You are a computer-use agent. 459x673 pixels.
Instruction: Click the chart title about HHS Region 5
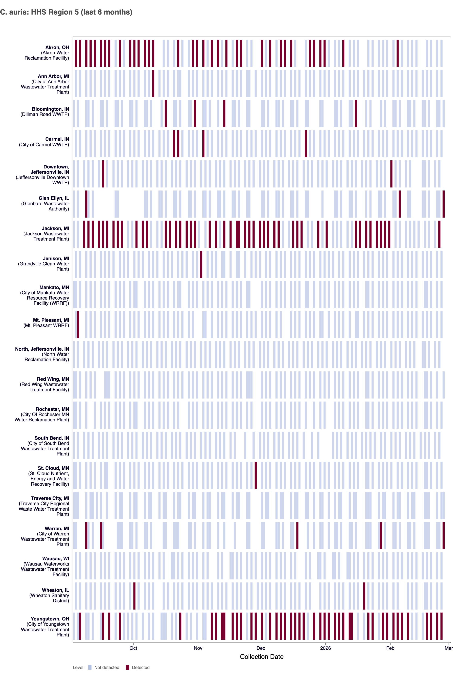pyautogui.click(x=66, y=12)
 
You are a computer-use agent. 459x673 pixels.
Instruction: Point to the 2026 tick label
pyautogui.click(x=325, y=648)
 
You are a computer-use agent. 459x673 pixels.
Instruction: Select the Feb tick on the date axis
pyautogui.click(x=390, y=648)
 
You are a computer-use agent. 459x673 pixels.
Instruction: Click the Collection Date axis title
pyautogui.click(x=261, y=657)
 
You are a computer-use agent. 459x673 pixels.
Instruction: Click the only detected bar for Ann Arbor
pyautogui.click(x=153, y=83)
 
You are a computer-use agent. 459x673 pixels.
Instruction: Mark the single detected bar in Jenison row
pyautogui.click(x=201, y=264)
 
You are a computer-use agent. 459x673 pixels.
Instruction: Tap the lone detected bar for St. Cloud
pyautogui.click(x=255, y=475)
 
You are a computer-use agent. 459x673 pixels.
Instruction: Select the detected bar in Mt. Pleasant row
pyautogui.click(x=78, y=325)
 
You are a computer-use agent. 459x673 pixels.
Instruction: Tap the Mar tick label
pyautogui.click(x=448, y=648)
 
